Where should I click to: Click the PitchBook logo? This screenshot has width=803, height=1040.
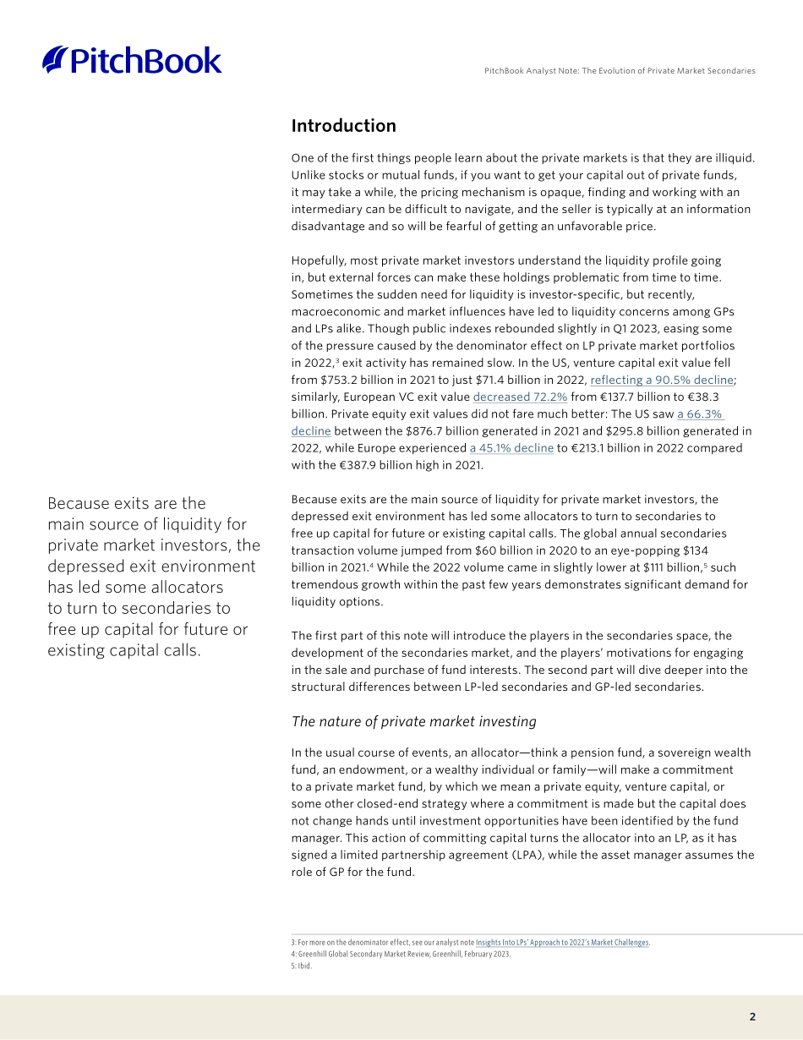(x=132, y=60)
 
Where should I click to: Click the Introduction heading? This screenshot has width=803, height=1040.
(x=343, y=126)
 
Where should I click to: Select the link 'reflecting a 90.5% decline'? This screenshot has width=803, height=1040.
(x=661, y=380)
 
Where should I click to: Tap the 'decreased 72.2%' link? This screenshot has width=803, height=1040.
(x=520, y=397)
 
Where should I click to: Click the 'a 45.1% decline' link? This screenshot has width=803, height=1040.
(x=511, y=448)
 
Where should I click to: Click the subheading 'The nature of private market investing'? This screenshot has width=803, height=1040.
(x=413, y=721)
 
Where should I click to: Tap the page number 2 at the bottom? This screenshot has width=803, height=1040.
(x=752, y=1017)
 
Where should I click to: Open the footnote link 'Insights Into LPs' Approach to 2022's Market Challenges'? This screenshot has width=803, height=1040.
(x=562, y=942)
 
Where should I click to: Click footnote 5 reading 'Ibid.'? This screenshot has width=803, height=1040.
(x=302, y=966)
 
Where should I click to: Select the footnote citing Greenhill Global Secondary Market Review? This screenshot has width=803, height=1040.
(x=401, y=954)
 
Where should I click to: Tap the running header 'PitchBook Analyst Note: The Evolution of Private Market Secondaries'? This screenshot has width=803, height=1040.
(x=620, y=71)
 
